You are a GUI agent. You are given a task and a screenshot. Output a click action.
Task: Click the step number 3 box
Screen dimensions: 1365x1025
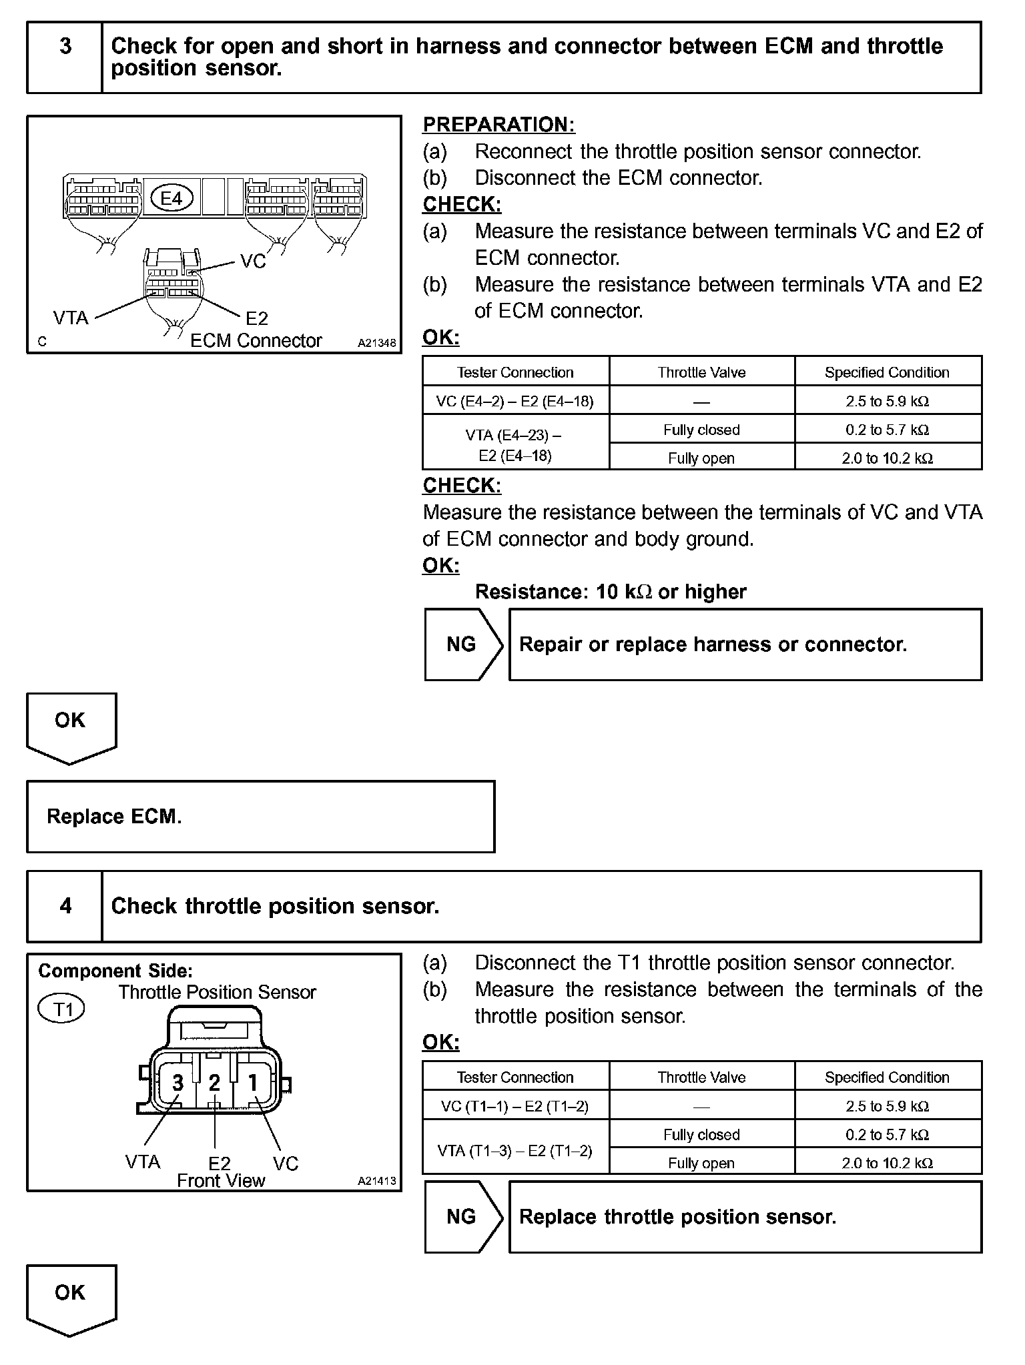pos(65,57)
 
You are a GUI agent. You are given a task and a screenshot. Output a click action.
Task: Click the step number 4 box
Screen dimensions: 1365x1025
pos(65,906)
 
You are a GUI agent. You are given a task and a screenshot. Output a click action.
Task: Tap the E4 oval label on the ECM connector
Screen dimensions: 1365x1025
pos(172,198)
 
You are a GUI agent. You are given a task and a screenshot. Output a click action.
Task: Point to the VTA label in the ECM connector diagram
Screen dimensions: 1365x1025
pos(71,318)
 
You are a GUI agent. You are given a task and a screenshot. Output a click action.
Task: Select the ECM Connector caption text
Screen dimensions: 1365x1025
pos(256,341)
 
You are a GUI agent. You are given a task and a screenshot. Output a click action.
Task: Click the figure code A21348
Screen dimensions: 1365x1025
pos(376,343)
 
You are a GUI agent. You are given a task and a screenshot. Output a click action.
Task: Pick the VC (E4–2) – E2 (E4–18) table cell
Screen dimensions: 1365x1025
pos(515,401)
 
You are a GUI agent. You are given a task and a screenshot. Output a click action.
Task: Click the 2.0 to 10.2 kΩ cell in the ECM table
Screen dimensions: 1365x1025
pos(887,458)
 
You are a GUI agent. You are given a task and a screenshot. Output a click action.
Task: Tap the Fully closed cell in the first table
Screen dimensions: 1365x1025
pos(701,430)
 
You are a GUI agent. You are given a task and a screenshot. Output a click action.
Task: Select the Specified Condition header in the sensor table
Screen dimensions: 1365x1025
pos(887,1077)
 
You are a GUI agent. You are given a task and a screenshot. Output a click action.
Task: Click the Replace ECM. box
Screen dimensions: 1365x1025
pos(260,817)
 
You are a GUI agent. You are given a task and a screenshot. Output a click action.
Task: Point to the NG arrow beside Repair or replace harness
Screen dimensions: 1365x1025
pos(462,644)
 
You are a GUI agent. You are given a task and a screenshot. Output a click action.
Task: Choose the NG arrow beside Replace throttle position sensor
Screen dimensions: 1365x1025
pos(462,1217)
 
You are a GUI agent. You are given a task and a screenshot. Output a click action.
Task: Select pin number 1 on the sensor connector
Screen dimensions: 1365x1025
pos(253,1082)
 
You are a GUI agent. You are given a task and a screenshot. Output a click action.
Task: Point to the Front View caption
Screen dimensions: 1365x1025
pos(221,1180)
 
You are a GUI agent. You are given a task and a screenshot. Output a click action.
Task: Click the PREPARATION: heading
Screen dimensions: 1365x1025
pos(498,125)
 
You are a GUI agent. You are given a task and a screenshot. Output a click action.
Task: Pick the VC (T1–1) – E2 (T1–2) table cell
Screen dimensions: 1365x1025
pos(515,1106)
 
